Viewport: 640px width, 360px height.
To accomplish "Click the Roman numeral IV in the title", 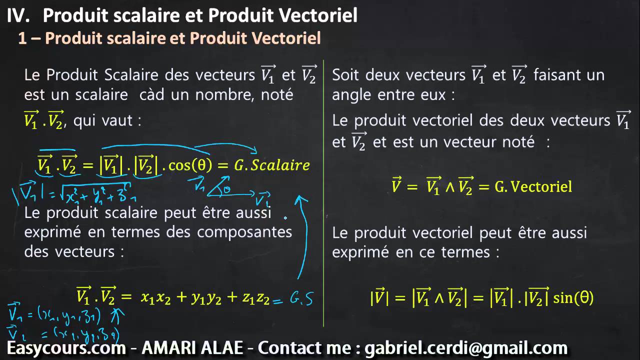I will pos(18,15).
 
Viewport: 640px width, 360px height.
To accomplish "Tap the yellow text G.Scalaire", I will pos(272,165).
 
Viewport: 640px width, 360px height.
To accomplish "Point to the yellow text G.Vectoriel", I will pos(533,186).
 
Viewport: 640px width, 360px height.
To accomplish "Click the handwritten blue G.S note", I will pos(301,299).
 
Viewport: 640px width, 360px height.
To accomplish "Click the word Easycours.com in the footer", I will pos(66,347).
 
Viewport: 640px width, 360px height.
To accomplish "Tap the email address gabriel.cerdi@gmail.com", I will pos(466,347).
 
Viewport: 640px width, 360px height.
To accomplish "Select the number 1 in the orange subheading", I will pos(22,38).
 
